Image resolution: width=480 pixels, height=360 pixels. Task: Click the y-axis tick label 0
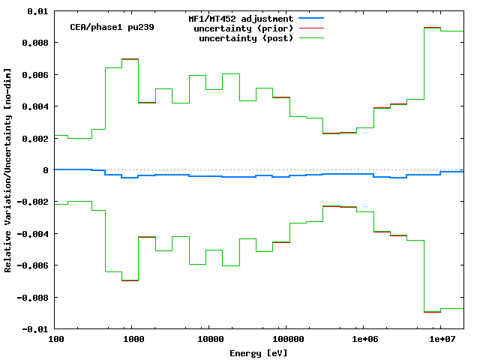(46, 170)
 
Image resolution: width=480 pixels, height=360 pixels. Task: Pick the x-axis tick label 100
(55, 340)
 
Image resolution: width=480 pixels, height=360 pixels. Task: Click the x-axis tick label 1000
(132, 340)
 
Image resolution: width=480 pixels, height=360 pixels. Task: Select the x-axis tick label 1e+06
(363, 340)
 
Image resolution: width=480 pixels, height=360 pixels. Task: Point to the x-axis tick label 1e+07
(440, 340)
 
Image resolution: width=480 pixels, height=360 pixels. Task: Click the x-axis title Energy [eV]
(259, 352)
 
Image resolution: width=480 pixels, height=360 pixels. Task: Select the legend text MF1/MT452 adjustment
(240, 18)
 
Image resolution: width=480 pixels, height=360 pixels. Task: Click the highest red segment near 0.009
(431, 28)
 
